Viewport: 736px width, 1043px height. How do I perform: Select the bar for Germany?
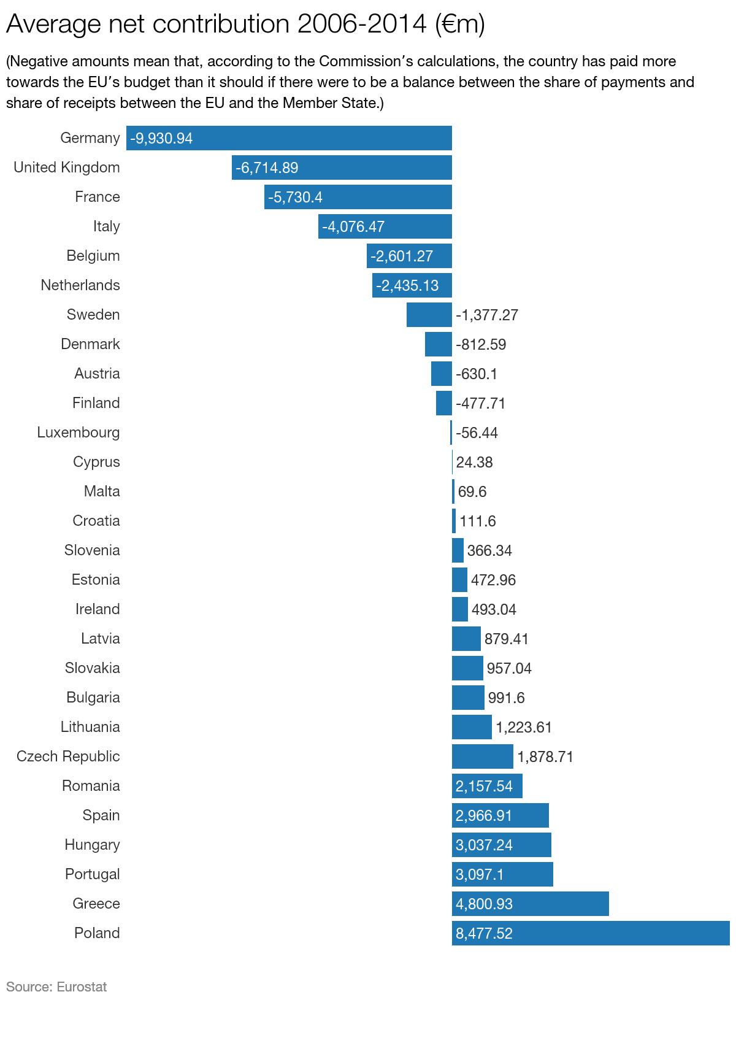pyautogui.click(x=319, y=138)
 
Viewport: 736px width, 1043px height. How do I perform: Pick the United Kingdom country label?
pyautogui.click(x=67, y=167)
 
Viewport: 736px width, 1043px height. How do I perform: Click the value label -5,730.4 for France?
pyautogui.click(x=295, y=197)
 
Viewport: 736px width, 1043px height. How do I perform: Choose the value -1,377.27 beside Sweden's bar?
pyautogui.click(x=487, y=315)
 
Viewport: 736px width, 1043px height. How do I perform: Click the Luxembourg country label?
pyautogui.click(x=79, y=433)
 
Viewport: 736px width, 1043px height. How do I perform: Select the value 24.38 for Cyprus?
pyautogui.click(x=474, y=462)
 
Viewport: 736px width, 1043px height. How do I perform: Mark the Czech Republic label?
pyautogui.click(x=68, y=756)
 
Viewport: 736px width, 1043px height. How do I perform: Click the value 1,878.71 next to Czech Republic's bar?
pyautogui.click(x=545, y=757)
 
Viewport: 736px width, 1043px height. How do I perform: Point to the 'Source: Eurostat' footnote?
pyautogui.click(x=56, y=987)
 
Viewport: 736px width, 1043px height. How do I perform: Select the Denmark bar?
pyautogui.click(x=439, y=344)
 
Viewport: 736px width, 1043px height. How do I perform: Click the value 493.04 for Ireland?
pyautogui.click(x=494, y=610)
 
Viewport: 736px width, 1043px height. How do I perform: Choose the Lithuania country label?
pyautogui.click(x=90, y=727)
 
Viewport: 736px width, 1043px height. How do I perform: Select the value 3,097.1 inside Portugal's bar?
pyautogui.click(x=479, y=874)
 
